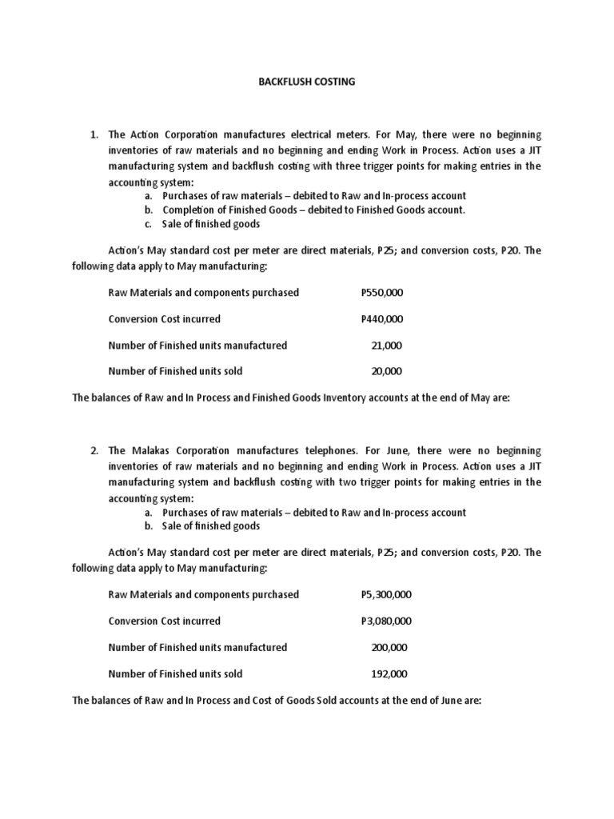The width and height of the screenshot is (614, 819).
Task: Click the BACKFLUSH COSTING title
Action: click(306, 82)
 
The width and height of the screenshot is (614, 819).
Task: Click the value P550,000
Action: click(382, 293)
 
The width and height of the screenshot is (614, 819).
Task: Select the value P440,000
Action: click(382, 319)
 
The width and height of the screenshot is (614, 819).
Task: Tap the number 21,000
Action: click(387, 346)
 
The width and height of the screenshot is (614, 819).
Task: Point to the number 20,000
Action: click(387, 371)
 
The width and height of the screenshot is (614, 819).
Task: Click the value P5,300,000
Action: click(387, 594)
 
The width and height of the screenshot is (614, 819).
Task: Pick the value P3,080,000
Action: click(387, 621)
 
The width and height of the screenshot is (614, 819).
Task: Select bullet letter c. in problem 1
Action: click(149, 224)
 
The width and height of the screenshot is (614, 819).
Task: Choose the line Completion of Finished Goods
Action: click(313, 210)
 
